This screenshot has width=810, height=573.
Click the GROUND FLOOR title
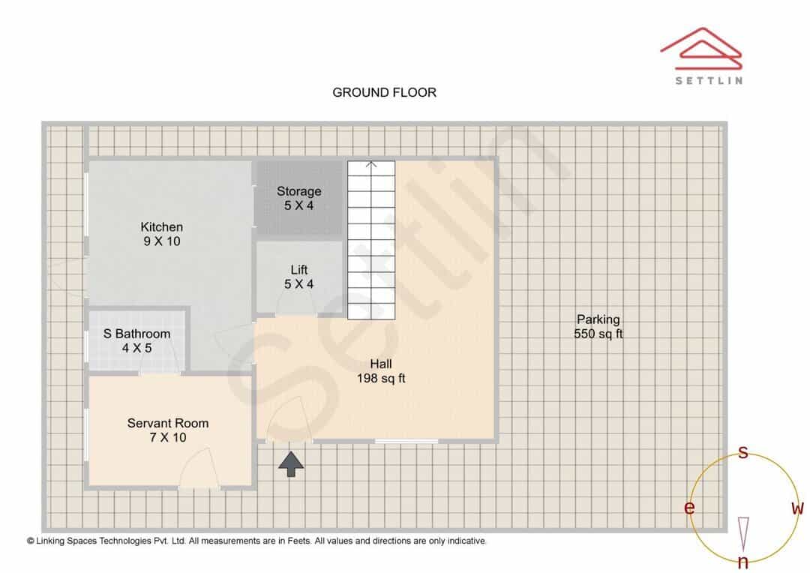pyautogui.click(x=384, y=92)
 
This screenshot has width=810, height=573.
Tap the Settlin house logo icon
pyautogui.click(x=701, y=49)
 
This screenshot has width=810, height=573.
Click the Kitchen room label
pyautogui.click(x=162, y=226)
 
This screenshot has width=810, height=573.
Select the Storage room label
pyautogui.click(x=299, y=191)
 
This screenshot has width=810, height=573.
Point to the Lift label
pyautogui.click(x=299, y=270)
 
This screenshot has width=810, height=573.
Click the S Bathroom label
pyautogui.click(x=137, y=334)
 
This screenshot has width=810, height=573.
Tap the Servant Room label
pyautogui.click(x=168, y=423)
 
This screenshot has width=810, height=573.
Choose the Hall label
pyautogui.click(x=381, y=364)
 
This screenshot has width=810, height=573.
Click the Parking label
pyautogui.click(x=598, y=319)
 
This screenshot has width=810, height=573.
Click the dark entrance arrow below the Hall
pyautogui.click(x=291, y=463)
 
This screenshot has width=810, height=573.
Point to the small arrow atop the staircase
pyautogui.click(x=371, y=165)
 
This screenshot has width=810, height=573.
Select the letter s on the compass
pyautogui.click(x=742, y=452)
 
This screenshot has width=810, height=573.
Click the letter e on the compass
pyautogui.click(x=689, y=508)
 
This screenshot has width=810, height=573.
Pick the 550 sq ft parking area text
pyautogui.click(x=598, y=334)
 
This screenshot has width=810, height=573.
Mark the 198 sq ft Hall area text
pyautogui.click(x=381, y=378)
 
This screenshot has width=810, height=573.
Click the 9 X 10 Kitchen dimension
pyautogui.click(x=162, y=241)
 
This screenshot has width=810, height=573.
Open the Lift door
pyautogui.click(x=296, y=304)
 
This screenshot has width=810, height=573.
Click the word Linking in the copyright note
pyautogui.click(x=50, y=541)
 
